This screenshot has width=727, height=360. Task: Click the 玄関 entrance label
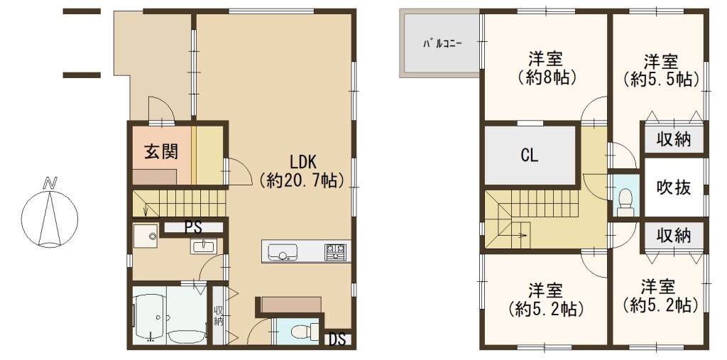coord(161,152)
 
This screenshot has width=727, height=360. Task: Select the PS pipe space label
coord(193,227)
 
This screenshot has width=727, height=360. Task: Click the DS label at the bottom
coord(338,341)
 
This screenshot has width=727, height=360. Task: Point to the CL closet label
coord(530,156)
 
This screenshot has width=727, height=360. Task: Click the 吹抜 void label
coord(674,187)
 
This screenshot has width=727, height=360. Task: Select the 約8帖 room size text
coord(546,77)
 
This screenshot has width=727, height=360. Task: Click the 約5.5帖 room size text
coord(661,80)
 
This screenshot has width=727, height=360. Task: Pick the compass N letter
coord(48,182)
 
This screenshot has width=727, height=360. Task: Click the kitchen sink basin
coord(282,252)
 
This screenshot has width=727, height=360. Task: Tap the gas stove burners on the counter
coord(335,251)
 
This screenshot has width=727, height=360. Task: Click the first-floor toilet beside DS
coord(302,332)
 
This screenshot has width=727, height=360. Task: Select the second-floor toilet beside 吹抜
coord(625,200)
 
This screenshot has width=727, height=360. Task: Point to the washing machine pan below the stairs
coord(145,236)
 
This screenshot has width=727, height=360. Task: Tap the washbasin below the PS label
coord(203,246)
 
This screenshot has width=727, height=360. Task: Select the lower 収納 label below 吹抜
coord(674,236)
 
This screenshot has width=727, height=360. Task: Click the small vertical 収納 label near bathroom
coord(217,316)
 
